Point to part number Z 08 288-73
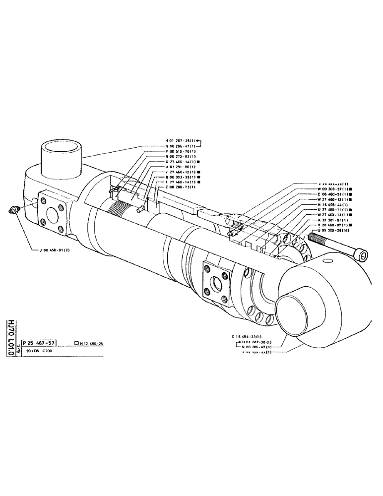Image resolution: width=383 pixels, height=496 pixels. (x=181, y=187)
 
